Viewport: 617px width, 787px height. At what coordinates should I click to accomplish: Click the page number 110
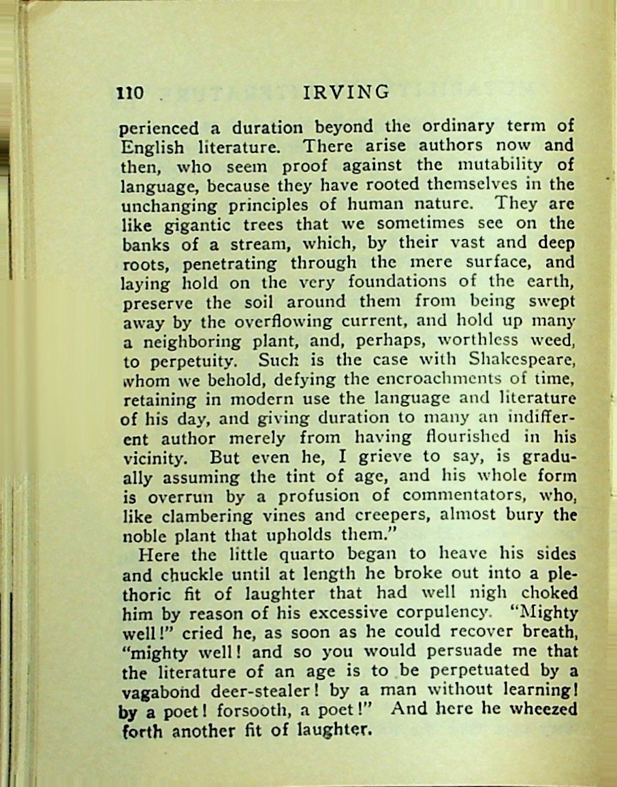pyautogui.click(x=129, y=93)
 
